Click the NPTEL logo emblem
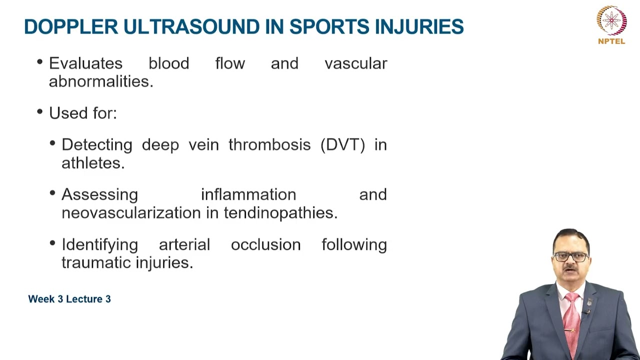point(611,20)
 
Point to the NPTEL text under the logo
point(611,41)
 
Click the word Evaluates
point(85,63)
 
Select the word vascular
point(355,63)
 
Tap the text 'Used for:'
point(82,113)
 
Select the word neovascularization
point(131,213)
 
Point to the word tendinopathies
point(280,213)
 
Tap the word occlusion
point(265,244)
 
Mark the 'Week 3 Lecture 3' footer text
point(69,299)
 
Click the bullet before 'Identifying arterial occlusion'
point(52,243)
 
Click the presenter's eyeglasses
point(571,257)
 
